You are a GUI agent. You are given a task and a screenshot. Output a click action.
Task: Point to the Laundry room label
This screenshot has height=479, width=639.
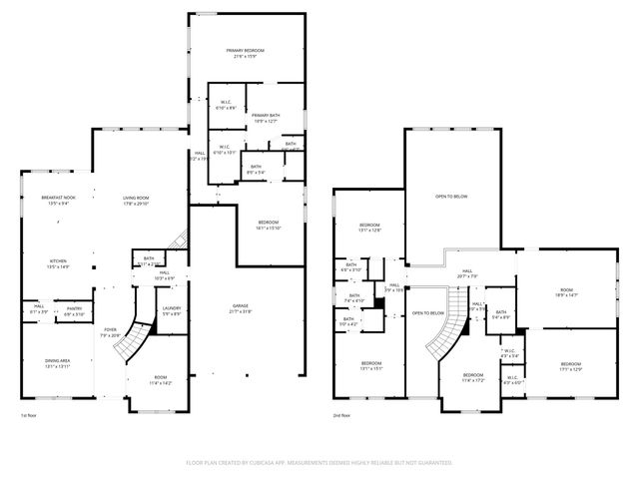pyautogui.click(x=171, y=310)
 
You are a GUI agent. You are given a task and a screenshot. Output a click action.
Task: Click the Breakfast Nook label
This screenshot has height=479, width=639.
pyautogui.click(x=59, y=200)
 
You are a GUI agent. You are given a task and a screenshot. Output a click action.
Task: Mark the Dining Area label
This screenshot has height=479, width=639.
pyautogui.click(x=55, y=364)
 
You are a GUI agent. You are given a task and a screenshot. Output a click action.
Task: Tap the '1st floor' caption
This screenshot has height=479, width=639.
pyautogui.click(x=31, y=415)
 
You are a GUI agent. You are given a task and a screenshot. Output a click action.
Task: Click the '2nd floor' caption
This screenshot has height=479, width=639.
pyautogui.click(x=343, y=415)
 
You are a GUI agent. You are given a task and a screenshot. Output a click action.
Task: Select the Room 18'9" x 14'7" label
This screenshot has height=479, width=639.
pyautogui.click(x=567, y=292)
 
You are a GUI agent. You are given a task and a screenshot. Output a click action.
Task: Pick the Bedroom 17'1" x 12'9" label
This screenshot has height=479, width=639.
pyautogui.click(x=570, y=365)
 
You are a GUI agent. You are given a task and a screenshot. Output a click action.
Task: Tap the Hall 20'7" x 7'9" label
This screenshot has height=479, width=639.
pyautogui.click(x=465, y=273)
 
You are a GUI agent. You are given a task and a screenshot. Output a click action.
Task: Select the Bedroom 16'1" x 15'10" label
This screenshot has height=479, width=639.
pyautogui.click(x=268, y=225)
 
